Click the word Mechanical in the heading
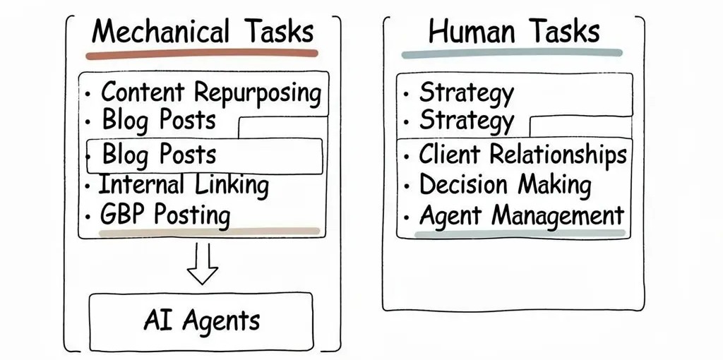click(x=160, y=32)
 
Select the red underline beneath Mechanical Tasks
click(x=202, y=54)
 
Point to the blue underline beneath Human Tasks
click(x=511, y=53)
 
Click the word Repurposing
click(x=258, y=93)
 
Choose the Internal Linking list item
click(x=184, y=186)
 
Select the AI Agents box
click(x=201, y=321)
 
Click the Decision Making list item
click(x=505, y=185)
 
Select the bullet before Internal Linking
click(x=87, y=187)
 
